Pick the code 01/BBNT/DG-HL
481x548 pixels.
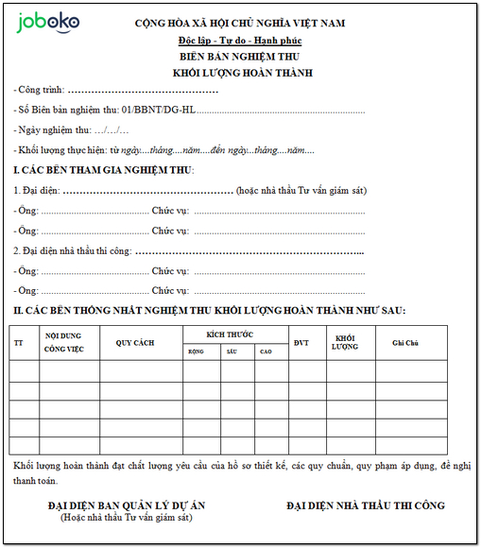point(150,111)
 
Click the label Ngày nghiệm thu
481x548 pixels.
point(52,130)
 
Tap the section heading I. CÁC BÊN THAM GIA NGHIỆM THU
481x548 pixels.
point(103,170)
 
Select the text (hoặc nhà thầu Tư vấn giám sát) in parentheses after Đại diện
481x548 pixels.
point(301,191)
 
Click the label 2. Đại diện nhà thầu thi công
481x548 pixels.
point(72,251)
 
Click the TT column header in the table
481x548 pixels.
point(19,343)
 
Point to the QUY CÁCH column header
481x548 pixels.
point(135,343)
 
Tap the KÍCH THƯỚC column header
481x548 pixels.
point(235,335)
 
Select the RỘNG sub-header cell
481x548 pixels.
point(197,351)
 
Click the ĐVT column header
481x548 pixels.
point(301,343)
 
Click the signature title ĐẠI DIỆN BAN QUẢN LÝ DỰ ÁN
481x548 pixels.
point(127,505)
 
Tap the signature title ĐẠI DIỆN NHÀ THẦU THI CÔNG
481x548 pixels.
point(365,505)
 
